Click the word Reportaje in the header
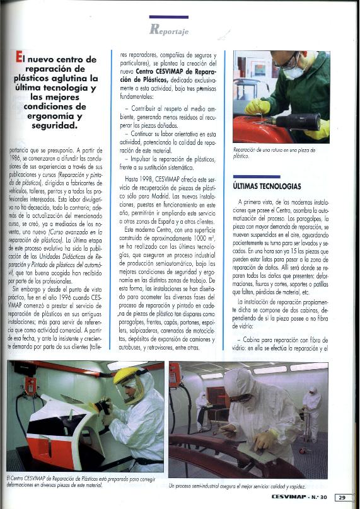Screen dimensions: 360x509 tap(169, 29)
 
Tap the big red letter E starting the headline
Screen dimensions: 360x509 tap(20, 60)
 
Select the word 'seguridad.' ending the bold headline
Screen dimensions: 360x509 tap(57, 126)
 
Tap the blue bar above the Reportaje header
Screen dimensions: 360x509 tap(168, 17)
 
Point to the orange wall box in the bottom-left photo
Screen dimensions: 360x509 tap(30, 386)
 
